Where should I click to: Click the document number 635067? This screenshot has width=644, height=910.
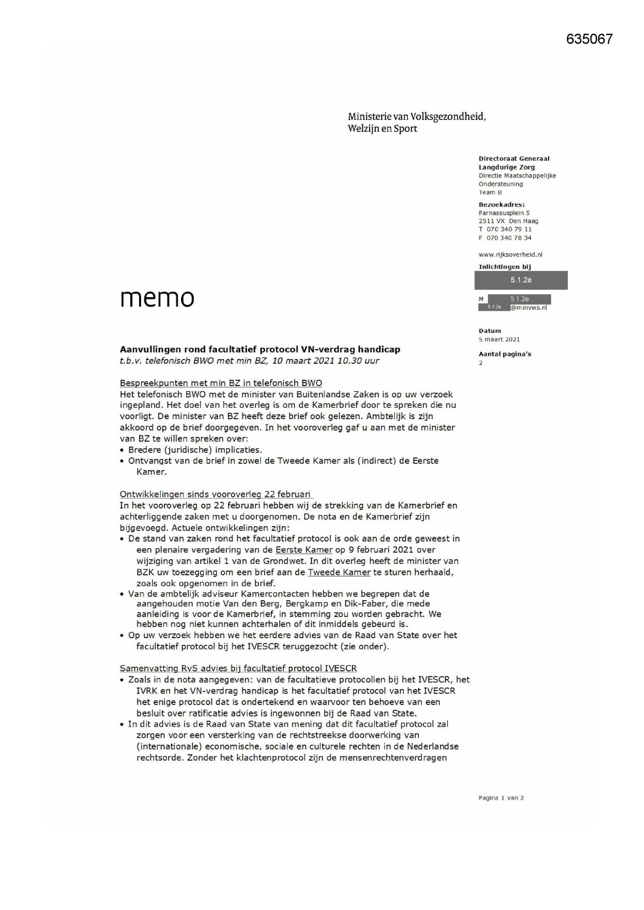589,39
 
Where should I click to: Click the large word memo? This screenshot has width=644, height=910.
157,298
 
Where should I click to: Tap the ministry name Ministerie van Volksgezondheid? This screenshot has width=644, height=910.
417,117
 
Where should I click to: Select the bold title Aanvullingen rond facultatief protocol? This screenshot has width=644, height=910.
260,349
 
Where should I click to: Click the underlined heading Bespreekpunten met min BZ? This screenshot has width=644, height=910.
221,383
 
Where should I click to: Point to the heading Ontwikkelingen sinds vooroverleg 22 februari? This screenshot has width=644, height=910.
215,494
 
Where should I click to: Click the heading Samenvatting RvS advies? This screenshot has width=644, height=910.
238,668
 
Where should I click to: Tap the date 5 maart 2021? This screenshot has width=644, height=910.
499,339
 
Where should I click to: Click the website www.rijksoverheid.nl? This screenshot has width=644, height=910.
510,255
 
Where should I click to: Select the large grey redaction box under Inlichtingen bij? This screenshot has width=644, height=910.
520,280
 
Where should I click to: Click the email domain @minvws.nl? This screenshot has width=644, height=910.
528,308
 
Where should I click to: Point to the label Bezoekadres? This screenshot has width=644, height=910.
501,204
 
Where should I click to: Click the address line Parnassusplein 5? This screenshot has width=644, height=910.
504,213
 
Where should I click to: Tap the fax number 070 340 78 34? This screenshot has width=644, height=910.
509,238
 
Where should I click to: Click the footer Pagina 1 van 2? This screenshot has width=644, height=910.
501,798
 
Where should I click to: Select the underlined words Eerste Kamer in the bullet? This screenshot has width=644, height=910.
304,550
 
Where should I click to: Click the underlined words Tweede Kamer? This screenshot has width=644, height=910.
339,572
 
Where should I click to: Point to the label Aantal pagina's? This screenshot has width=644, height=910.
504,354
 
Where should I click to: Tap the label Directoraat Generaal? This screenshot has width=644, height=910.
514,159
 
